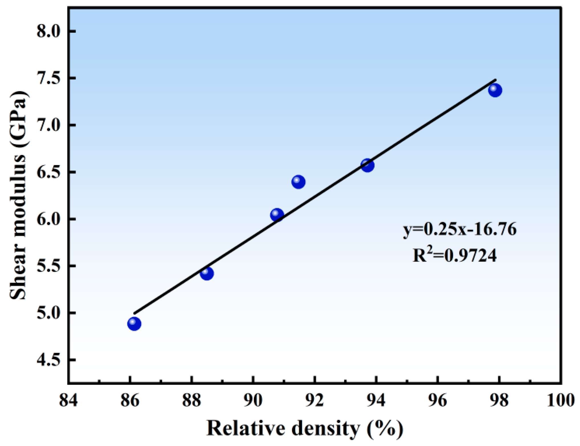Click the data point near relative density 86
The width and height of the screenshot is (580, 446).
pyautogui.click(x=134, y=324)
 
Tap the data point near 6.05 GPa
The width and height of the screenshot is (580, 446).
pyautogui.click(x=277, y=215)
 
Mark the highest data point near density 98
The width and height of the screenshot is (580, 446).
pyautogui.click(x=495, y=91)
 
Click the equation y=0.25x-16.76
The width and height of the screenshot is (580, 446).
pyautogui.click(x=459, y=229)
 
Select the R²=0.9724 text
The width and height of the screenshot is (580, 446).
pyautogui.click(x=455, y=255)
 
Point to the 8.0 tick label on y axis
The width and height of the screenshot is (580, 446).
pyautogui.click(x=49, y=31)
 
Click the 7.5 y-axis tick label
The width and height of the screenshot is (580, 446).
pyautogui.click(x=49, y=78)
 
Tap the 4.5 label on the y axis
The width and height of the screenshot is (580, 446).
pyautogui.click(x=49, y=360)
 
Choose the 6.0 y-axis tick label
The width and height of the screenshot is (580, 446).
pyautogui.click(x=49, y=219)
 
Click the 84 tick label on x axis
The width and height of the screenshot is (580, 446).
pyautogui.click(x=68, y=400)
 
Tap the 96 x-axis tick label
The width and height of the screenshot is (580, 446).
pyautogui.click(x=438, y=400)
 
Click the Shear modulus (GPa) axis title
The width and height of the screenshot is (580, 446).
pyautogui.click(x=18, y=195)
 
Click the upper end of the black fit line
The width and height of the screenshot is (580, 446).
pyautogui.click(x=496, y=80)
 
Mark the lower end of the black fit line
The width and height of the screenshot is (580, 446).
pyautogui.click(x=135, y=313)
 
